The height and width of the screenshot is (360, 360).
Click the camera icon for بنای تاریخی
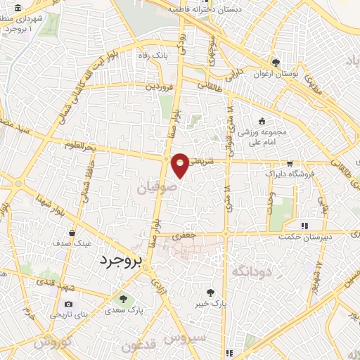tap(68, 304)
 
